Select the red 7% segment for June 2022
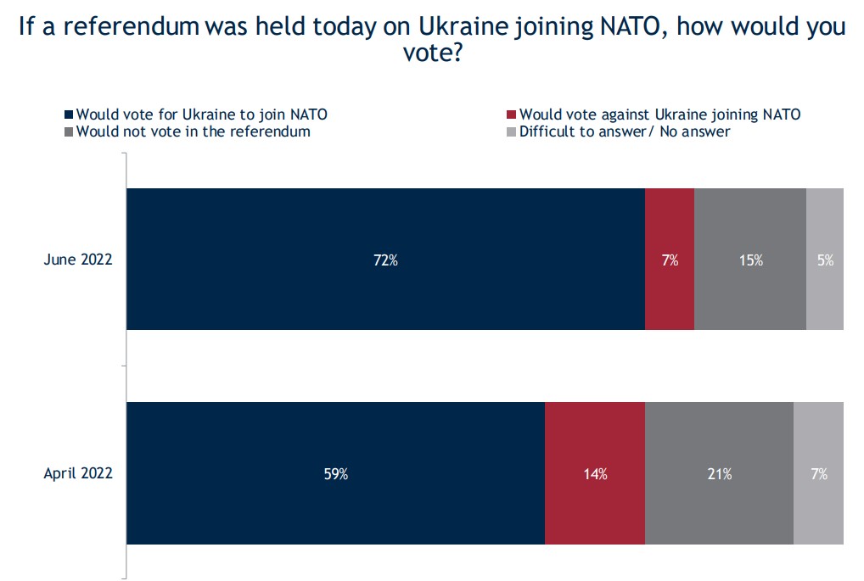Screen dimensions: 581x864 670,259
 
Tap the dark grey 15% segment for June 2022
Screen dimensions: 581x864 750,259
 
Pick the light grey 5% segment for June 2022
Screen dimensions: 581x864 825,259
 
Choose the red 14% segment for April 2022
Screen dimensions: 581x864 595,473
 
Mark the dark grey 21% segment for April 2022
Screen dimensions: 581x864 720,473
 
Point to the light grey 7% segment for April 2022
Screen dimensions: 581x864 819,473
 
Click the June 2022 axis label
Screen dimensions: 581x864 78,260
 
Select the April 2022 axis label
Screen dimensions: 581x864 78,474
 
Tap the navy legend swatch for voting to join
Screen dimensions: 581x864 70,115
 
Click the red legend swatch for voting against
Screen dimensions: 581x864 511,115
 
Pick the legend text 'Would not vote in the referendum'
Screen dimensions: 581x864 193,131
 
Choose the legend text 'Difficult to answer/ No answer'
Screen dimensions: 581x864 625,131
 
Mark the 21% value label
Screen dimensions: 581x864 720,474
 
